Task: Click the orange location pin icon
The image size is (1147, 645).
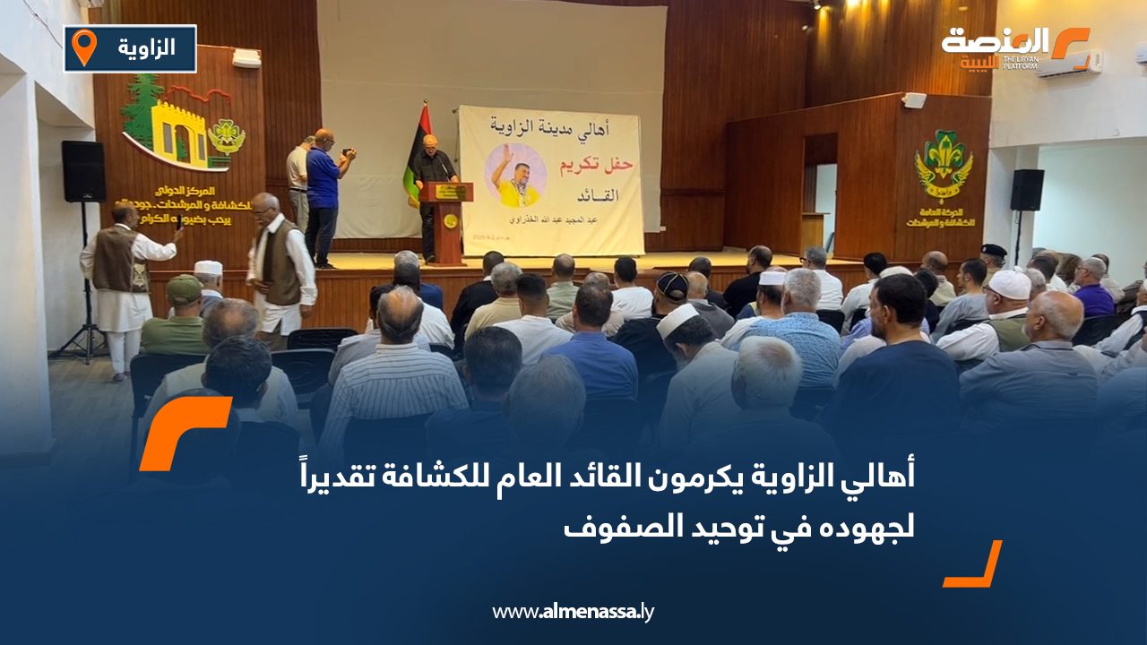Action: point(83,47)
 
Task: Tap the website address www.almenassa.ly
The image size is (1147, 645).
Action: point(573,612)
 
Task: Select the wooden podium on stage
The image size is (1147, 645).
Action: point(446,219)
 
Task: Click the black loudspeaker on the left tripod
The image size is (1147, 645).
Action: point(83,171)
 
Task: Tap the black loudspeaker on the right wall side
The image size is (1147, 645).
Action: point(1027,190)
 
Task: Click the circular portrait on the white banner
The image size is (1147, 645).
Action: point(515,176)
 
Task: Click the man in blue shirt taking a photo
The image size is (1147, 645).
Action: point(323,193)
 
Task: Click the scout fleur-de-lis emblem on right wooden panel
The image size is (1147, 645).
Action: point(944,163)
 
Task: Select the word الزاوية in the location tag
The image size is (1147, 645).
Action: point(146,47)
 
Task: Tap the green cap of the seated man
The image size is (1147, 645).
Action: point(185,288)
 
